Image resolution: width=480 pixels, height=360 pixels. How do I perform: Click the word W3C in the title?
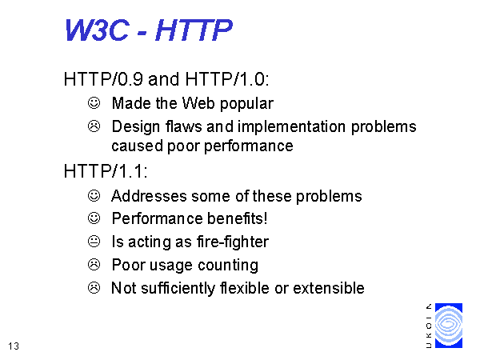pyautogui.click(x=97, y=30)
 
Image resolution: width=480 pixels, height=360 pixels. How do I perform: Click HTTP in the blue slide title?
pyautogui.click(x=194, y=30)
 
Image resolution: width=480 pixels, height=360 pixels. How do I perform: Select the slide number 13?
pyautogui.click(x=14, y=346)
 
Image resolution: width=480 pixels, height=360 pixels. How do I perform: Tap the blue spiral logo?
pyautogui.click(x=449, y=326)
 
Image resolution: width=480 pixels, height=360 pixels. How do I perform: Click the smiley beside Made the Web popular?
pyautogui.click(x=94, y=103)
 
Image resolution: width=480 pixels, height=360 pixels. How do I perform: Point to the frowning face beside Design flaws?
pyautogui.click(x=94, y=126)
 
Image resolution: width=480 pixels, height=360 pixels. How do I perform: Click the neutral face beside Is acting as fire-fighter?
pyautogui.click(x=94, y=242)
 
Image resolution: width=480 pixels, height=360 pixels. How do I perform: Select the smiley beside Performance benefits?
pyautogui.click(x=94, y=218)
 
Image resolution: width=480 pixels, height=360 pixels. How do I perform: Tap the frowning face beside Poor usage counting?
pyautogui.click(x=94, y=265)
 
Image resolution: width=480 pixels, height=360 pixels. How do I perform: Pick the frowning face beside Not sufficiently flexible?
pyautogui.click(x=94, y=288)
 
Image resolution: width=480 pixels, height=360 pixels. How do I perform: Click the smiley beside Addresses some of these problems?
pyautogui.click(x=94, y=196)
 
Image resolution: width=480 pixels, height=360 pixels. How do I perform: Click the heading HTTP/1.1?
pyautogui.click(x=106, y=171)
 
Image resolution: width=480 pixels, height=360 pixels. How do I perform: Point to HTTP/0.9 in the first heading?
pyautogui.click(x=103, y=79)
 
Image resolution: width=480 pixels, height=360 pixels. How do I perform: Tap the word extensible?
pyautogui.click(x=329, y=288)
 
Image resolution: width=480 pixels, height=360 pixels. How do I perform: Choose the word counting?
pyautogui.click(x=228, y=266)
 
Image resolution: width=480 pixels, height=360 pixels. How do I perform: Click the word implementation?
pyautogui.click(x=292, y=127)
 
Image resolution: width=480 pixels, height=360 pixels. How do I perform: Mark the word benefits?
pyautogui.click(x=238, y=218)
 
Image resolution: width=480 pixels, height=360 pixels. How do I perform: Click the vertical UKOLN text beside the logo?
pyautogui.click(x=429, y=326)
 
